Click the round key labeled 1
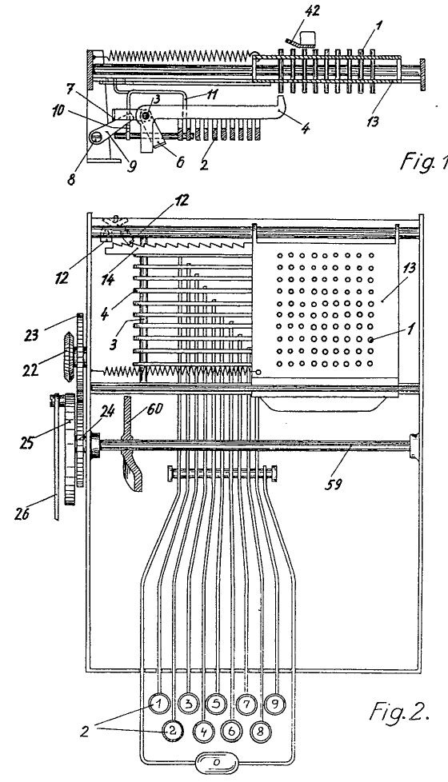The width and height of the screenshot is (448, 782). pyautogui.click(x=159, y=704)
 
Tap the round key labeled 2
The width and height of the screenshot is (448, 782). pyautogui.click(x=173, y=731)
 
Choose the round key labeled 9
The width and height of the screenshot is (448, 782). pyautogui.click(x=275, y=704)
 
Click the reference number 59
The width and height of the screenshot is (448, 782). pyautogui.click(x=334, y=483)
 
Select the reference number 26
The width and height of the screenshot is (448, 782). pyautogui.click(x=22, y=513)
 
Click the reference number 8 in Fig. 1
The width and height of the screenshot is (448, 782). pyautogui.click(x=71, y=179)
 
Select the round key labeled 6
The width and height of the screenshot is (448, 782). pyautogui.click(x=231, y=731)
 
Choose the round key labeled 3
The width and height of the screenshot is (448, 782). pyautogui.click(x=188, y=704)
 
